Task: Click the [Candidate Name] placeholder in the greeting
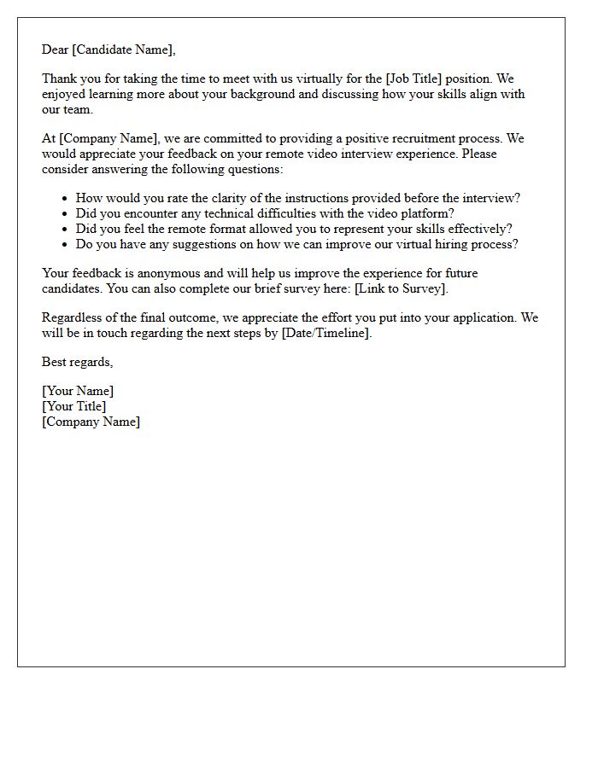[x=124, y=49]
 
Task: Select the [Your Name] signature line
[x=78, y=391]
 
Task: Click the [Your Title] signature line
[x=74, y=406]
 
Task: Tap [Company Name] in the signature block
[x=91, y=422]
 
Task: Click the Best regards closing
[x=77, y=362]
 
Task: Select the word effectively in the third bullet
[x=478, y=229]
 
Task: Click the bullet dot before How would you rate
[x=64, y=199]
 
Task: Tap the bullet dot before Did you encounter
[x=64, y=214]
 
